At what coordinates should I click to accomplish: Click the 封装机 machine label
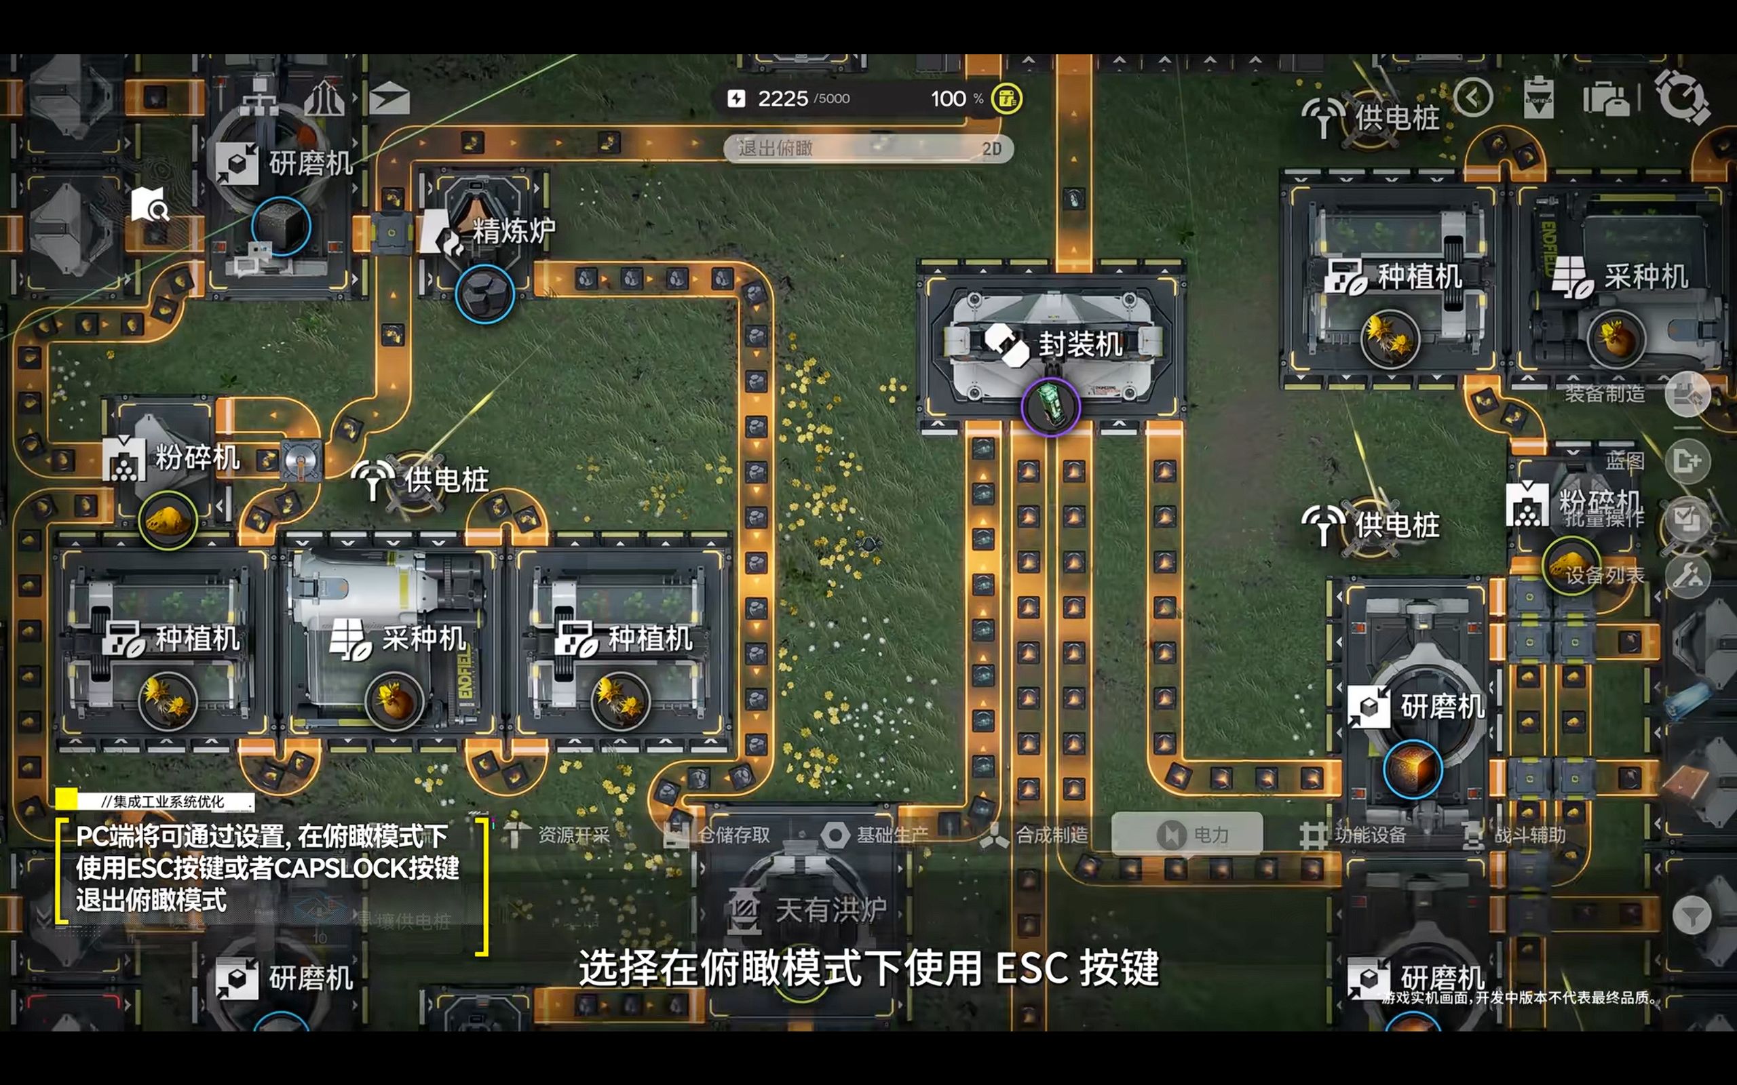(1080, 345)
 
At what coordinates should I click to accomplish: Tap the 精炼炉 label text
(513, 231)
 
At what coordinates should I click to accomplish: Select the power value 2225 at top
(782, 98)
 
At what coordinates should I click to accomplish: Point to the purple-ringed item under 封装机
(1050, 407)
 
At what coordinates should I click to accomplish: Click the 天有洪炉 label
(830, 911)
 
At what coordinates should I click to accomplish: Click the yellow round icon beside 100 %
(1006, 98)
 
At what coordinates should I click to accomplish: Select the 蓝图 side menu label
(1624, 461)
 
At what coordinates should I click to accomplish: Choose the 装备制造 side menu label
(1605, 394)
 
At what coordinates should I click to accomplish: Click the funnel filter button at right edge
(1691, 915)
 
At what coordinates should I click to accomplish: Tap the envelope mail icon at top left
(389, 99)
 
